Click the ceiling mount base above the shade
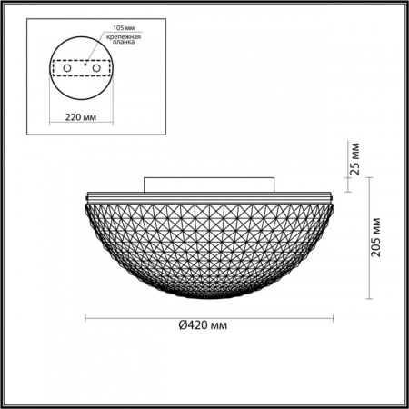click(x=209, y=185)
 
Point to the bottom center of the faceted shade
click(x=209, y=296)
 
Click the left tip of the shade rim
click(x=85, y=198)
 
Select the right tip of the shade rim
click(x=334, y=198)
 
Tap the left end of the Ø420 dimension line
click(x=85, y=317)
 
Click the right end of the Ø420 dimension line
click(x=334, y=317)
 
